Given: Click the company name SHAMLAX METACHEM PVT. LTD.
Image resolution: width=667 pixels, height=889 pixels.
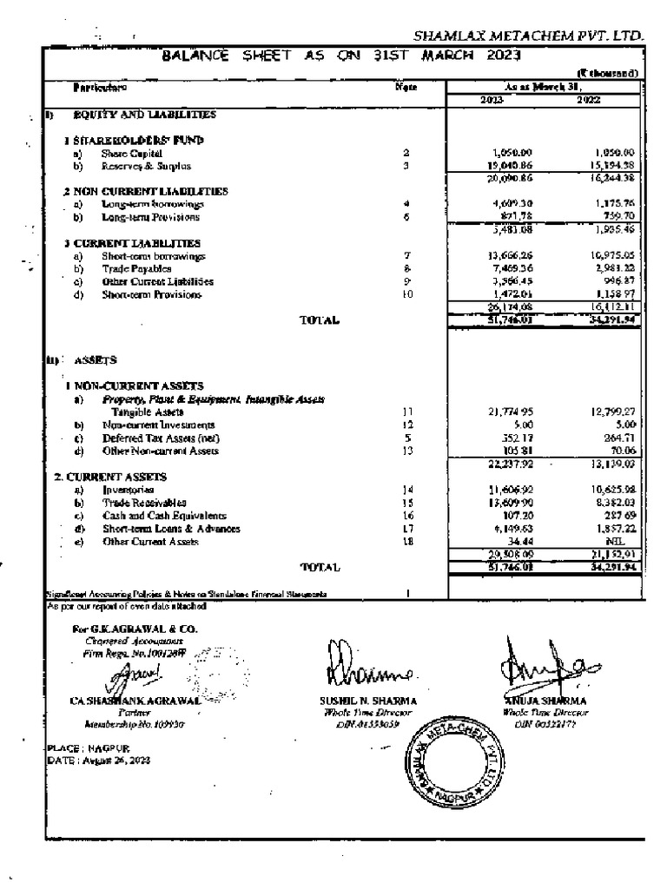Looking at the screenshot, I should pyautogui.click(x=528, y=36).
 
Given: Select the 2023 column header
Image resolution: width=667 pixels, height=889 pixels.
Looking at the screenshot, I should pyautogui.click(x=492, y=100).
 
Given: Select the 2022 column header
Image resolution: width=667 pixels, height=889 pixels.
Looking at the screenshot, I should pyautogui.click(x=589, y=100).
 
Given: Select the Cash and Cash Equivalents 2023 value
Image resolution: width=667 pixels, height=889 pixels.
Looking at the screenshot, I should pyautogui.click(x=510, y=516).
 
